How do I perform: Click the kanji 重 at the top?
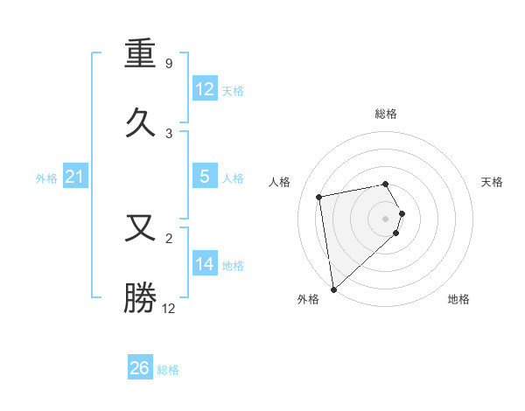142,55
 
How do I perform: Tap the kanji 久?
142,122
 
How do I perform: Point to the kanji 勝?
142,297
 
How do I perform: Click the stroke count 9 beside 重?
169,63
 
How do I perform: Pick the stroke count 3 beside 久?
169,133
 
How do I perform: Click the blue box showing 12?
204,89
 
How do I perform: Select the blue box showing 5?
204,177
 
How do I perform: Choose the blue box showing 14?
204,264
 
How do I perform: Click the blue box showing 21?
75,178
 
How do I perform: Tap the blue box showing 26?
140,369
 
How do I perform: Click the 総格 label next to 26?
168,370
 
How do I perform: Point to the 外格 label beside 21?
46,178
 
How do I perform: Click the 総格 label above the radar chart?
386,114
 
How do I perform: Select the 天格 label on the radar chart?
493,182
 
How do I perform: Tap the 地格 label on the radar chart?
458,299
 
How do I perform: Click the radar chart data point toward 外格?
333,289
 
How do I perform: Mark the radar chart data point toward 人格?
319,196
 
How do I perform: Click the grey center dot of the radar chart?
386,218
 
